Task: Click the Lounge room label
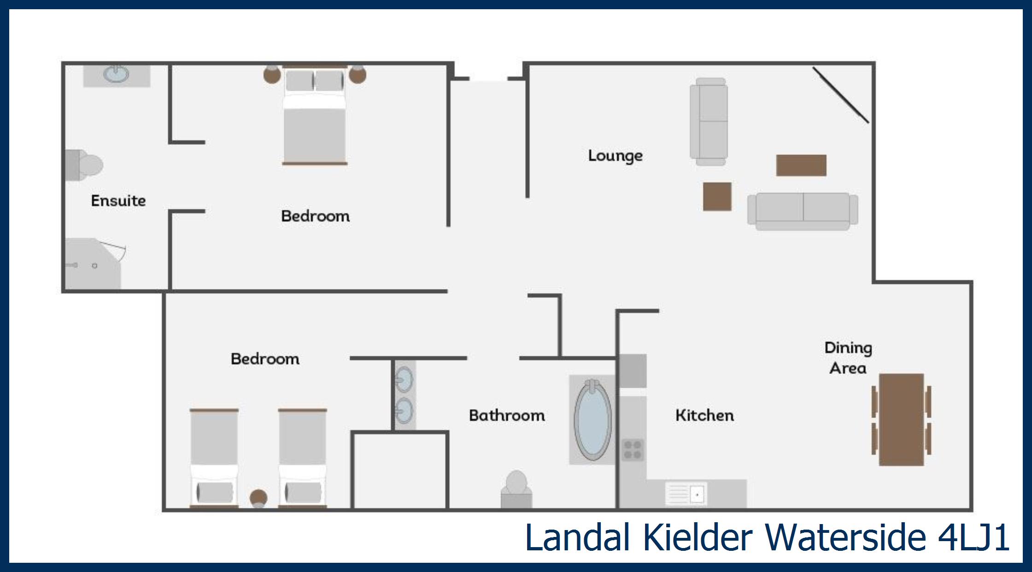pyautogui.click(x=615, y=156)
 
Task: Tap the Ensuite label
pyautogui.click(x=118, y=200)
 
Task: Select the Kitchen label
pyautogui.click(x=704, y=415)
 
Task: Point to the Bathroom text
pyautogui.click(x=507, y=415)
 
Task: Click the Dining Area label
pyautogui.click(x=848, y=358)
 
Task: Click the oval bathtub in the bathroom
pyautogui.click(x=592, y=419)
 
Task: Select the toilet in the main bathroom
pyautogui.click(x=516, y=489)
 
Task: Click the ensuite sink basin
pyautogui.click(x=116, y=74)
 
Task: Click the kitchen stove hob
pyautogui.click(x=633, y=450)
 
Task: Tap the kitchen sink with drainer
pyautogui.click(x=686, y=495)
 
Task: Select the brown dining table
pyautogui.click(x=901, y=419)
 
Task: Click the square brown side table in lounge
pyautogui.click(x=717, y=197)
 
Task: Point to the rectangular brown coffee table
pyautogui.click(x=801, y=165)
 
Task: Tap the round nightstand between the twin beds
pyautogui.click(x=258, y=498)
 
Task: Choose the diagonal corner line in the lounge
pyautogui.click(x=841, y=95)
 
